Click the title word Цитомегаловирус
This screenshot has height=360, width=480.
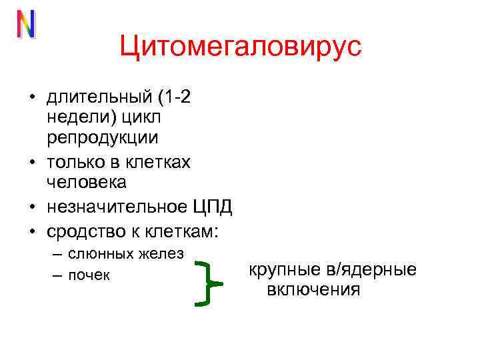(x=240, y=47)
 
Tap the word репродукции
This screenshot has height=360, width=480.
(x=102, y=138)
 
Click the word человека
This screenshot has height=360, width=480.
(x=86, y=181)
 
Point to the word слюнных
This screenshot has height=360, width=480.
(x=99, y=253)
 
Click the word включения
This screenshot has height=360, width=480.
(x=313, y=290)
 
